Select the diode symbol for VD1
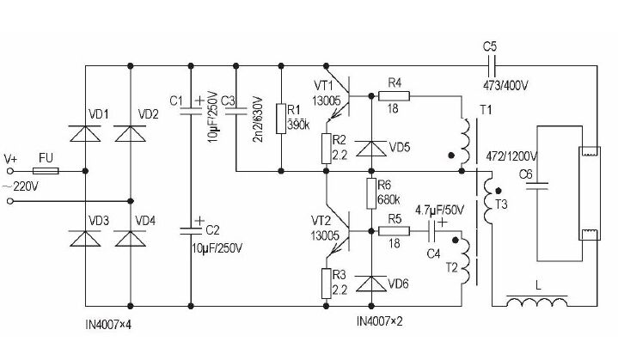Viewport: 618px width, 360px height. click(87, 132)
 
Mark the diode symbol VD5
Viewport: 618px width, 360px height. click(371, 147)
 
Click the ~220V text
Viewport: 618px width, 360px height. click(25, 186)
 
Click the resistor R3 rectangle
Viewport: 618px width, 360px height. click(327, 280)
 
